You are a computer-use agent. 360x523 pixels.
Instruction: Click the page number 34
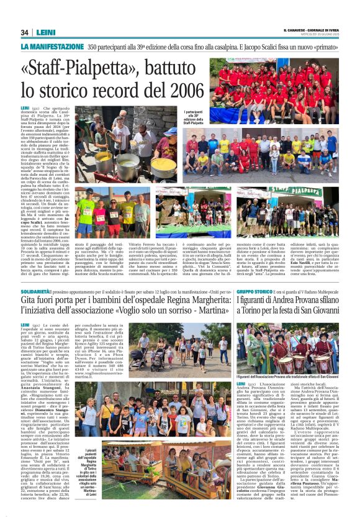point(25,32)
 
